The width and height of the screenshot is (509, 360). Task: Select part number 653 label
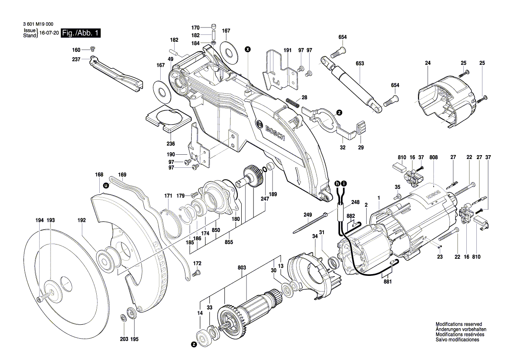tap(360, 64)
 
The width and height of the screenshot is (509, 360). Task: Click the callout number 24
tap(428, 64)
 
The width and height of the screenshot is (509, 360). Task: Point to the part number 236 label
tap(171, 144)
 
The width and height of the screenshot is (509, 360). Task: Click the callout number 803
tap(242, 268)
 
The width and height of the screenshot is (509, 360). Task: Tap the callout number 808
tap(433, 157)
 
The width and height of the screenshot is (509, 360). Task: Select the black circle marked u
tap(105, 185)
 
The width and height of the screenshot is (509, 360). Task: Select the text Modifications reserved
tap(458, 324)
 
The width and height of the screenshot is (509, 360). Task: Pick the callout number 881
tap(388, 282)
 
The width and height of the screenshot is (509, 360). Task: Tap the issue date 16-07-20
tap(48, 33)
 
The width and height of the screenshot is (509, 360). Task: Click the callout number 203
tap(124, 339)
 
